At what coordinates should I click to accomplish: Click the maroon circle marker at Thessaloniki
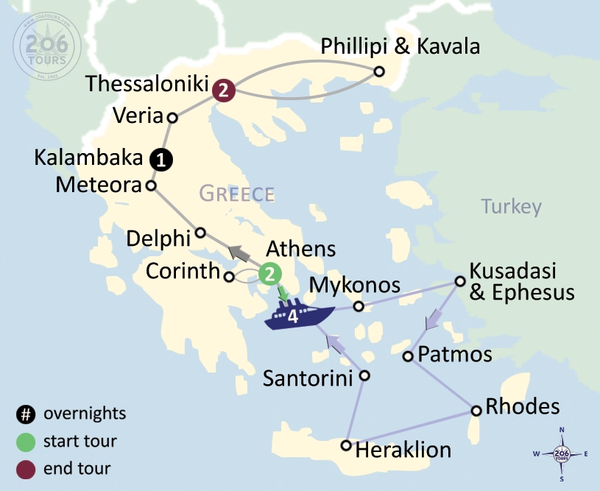[x=223, y=91]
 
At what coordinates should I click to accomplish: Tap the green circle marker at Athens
[x=270, y=275]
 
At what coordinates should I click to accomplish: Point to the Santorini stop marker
[x=364, y=375]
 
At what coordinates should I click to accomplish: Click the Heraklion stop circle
[x=346, y=445]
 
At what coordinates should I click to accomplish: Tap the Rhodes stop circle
[x=476, y=411]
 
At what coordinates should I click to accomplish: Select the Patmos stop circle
[x=408, y=356]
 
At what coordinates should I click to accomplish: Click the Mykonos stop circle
[x=359, y=306]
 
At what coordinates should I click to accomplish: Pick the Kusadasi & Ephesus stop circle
[x=460, y=280]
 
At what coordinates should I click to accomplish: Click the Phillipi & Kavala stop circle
[x=379, y=71]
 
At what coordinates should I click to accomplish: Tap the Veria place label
[x=138, y=116]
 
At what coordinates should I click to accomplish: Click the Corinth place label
[x=183, y=271]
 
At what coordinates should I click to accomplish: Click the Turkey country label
[x=512, y=206]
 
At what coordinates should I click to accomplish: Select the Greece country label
[x=237, y=194]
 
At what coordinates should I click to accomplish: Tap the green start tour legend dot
[x=26, y=442]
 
